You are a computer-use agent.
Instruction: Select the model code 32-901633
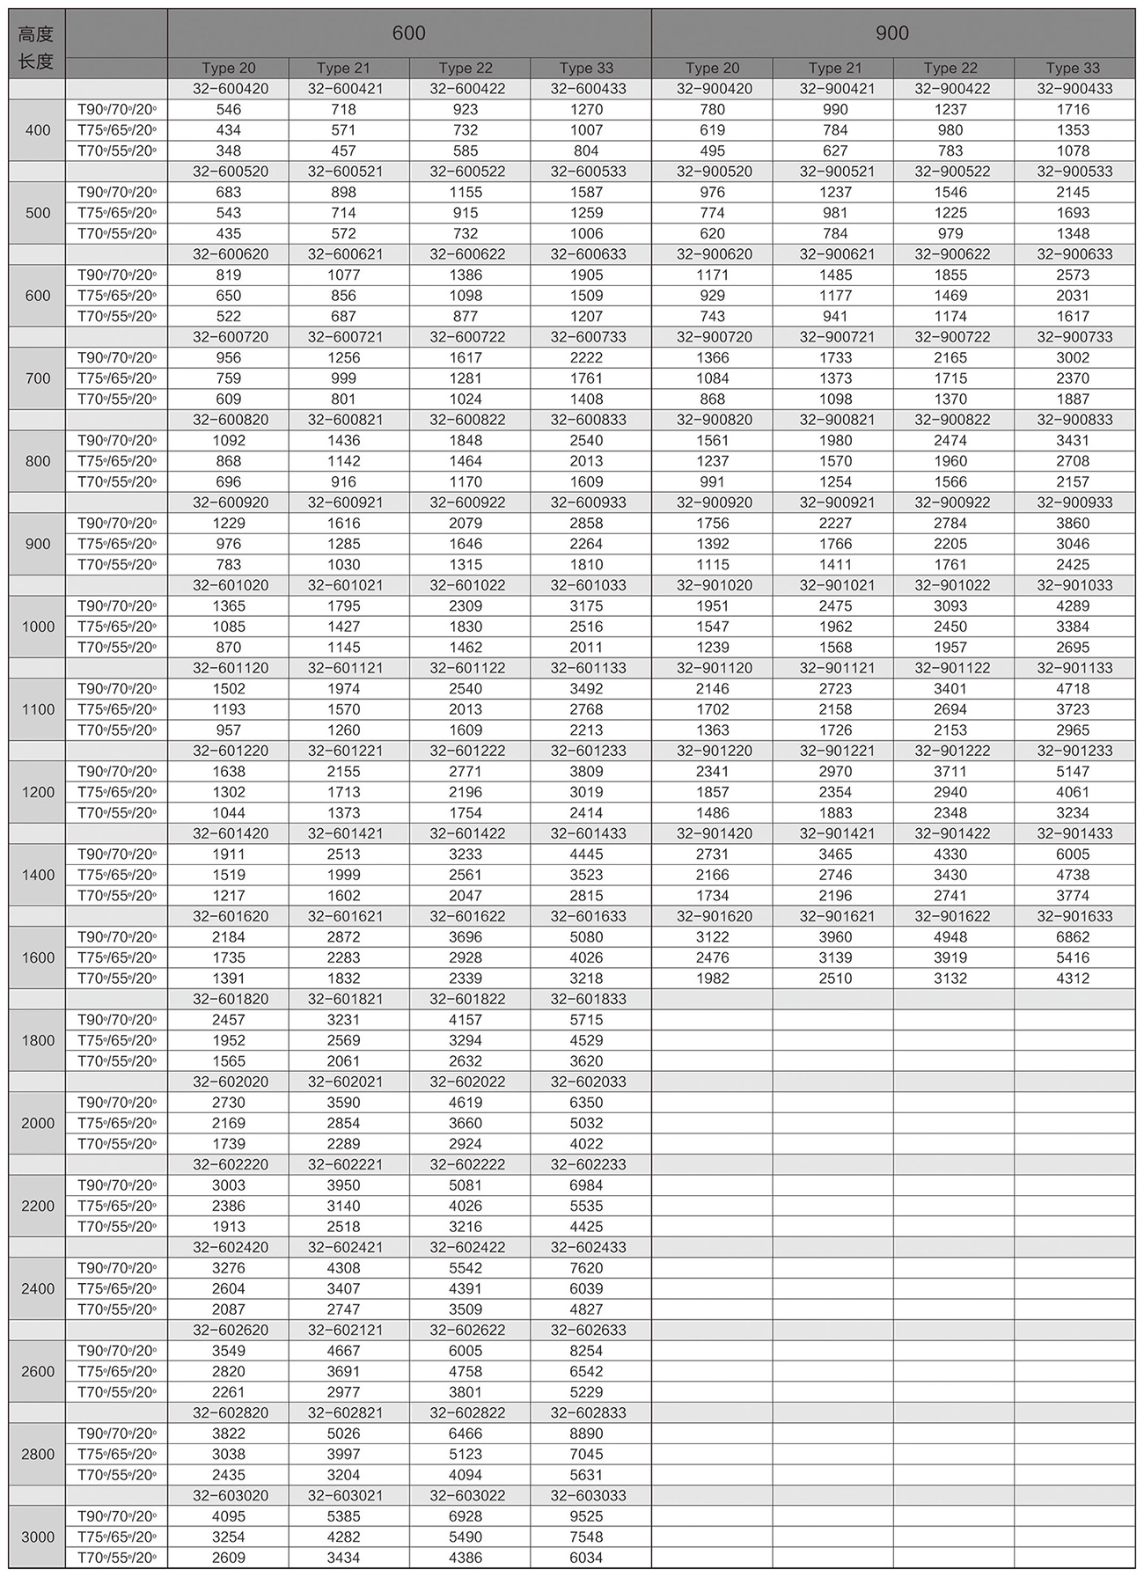point(1074,916)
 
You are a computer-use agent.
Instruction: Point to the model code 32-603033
point(588,1495)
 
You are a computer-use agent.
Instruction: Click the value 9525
point(586,1516)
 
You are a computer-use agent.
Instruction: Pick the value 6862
point(1073,937)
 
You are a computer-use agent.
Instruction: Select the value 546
point(229,109)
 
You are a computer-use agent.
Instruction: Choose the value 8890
point(586,1434)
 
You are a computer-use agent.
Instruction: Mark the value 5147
point(1073,772)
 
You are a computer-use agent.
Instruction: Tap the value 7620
point(586,1268)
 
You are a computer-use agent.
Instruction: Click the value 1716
point(1073,109)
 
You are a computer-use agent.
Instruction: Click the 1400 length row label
point(38,875)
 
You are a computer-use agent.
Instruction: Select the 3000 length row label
point(38,1537)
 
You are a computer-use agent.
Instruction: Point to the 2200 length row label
point(38,1206)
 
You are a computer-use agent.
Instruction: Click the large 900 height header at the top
point(892,33)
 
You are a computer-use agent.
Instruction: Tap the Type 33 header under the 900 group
point(1073,68)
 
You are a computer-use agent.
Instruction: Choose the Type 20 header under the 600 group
point(229,68)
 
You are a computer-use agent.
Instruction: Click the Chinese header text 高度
point(37,34)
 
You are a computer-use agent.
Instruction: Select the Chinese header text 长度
point(37,62)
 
